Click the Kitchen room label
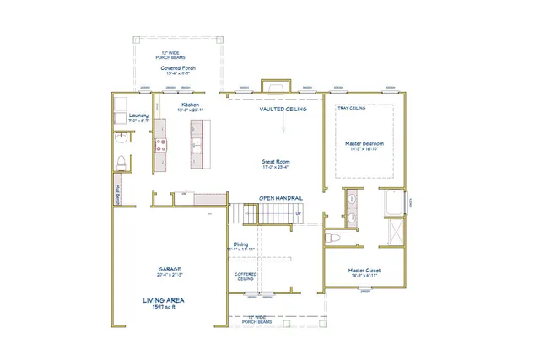click(189, 105)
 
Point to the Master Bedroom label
click(365, 143)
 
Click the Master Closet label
click(366, 271)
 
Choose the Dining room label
click(241, 244)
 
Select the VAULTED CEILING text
click(283, 109)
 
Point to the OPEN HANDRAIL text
click(280, 198)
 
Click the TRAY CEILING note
click(351, 109)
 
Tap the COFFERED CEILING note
click(246, 276)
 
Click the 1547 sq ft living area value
click(164, 307)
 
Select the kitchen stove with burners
click(159, 144)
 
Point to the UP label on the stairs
click(298, 213)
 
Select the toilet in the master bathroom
click(333, 239)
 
